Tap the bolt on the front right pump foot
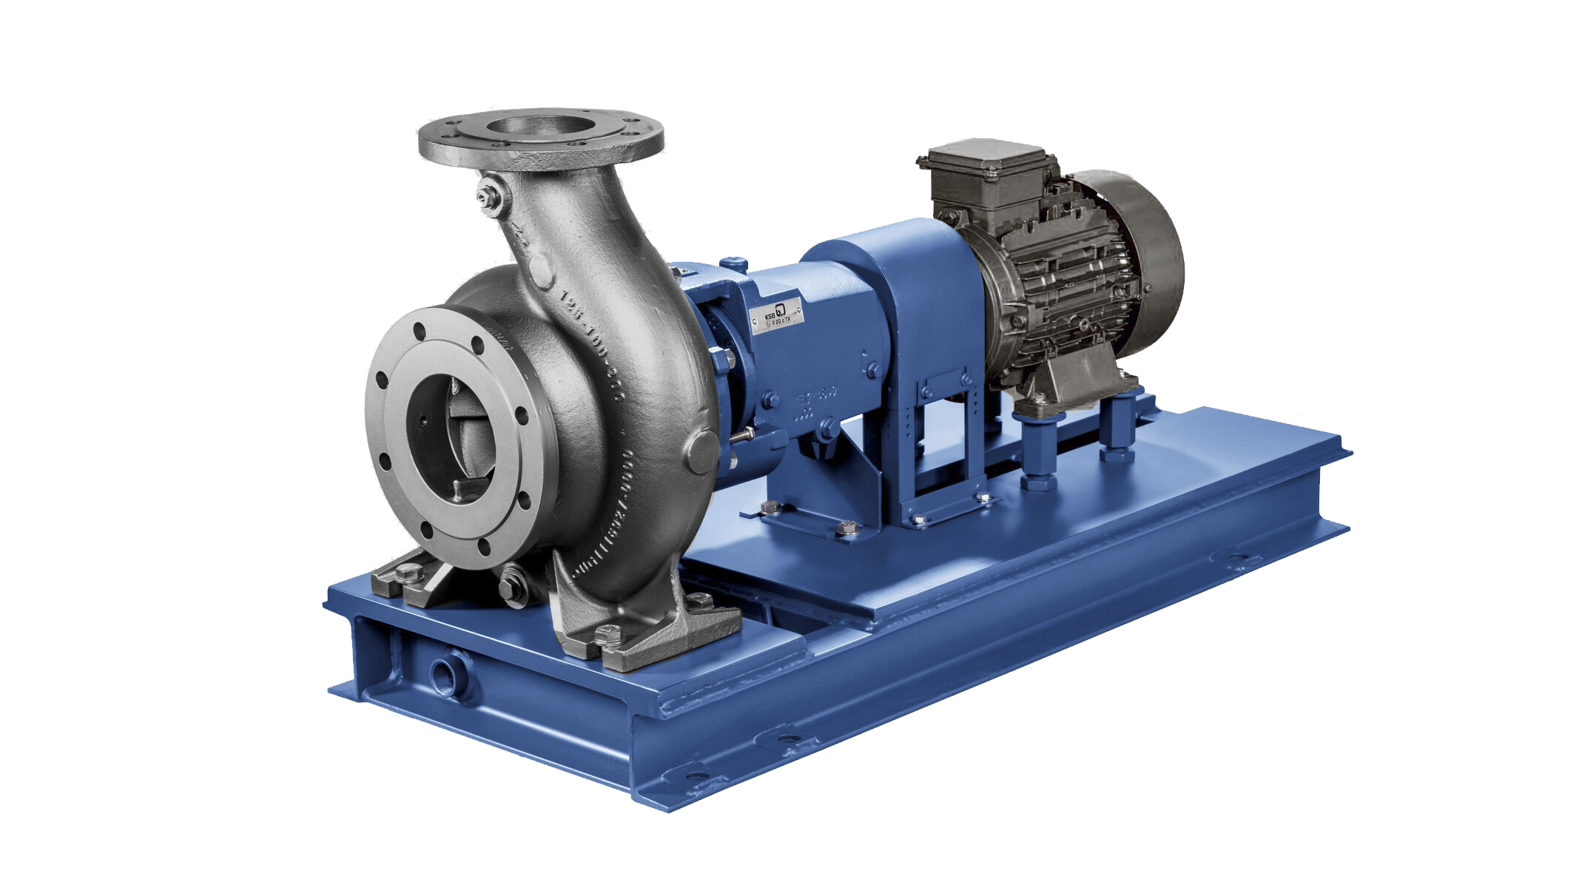(605, 634)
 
